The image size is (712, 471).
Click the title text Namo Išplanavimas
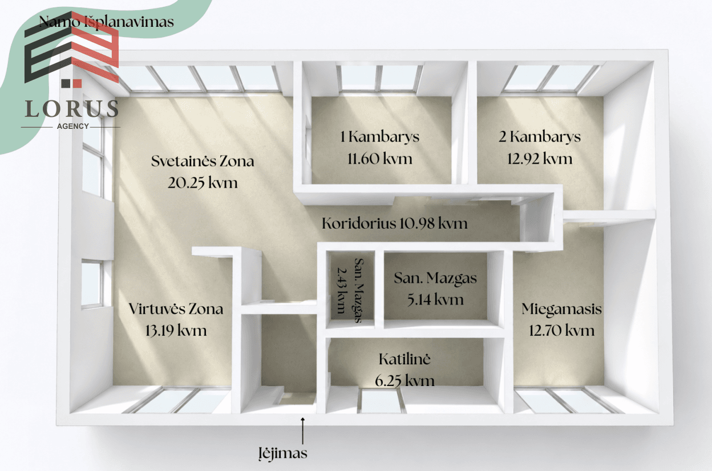tap(107, 22)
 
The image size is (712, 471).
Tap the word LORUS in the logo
tap(72, 108)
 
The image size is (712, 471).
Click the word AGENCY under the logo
tap(73, 126)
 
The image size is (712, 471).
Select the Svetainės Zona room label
tap(203, 161)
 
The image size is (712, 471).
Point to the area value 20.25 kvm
tap(203, 183)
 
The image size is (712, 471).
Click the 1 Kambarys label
tap(380, 137)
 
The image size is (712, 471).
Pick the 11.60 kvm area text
tap(380, 159)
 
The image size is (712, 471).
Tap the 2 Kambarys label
tap(540, 137)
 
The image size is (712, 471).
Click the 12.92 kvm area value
tap(540, 159)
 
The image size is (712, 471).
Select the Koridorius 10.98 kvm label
tap(394, 224)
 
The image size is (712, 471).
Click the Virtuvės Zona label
tap(176, 309)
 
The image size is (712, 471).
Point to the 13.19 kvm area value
tap(176, 331)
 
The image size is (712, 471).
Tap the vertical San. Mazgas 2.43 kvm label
tap(350, 290)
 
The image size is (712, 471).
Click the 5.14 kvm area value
tap(435, 300)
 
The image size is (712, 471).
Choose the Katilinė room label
tap(404, 359)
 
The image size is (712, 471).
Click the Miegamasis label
tap(561, 309)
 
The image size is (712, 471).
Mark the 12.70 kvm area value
tap(561, 331)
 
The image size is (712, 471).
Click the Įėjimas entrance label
tap(283, 453)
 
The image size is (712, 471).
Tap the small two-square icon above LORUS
tap(71, 83)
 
